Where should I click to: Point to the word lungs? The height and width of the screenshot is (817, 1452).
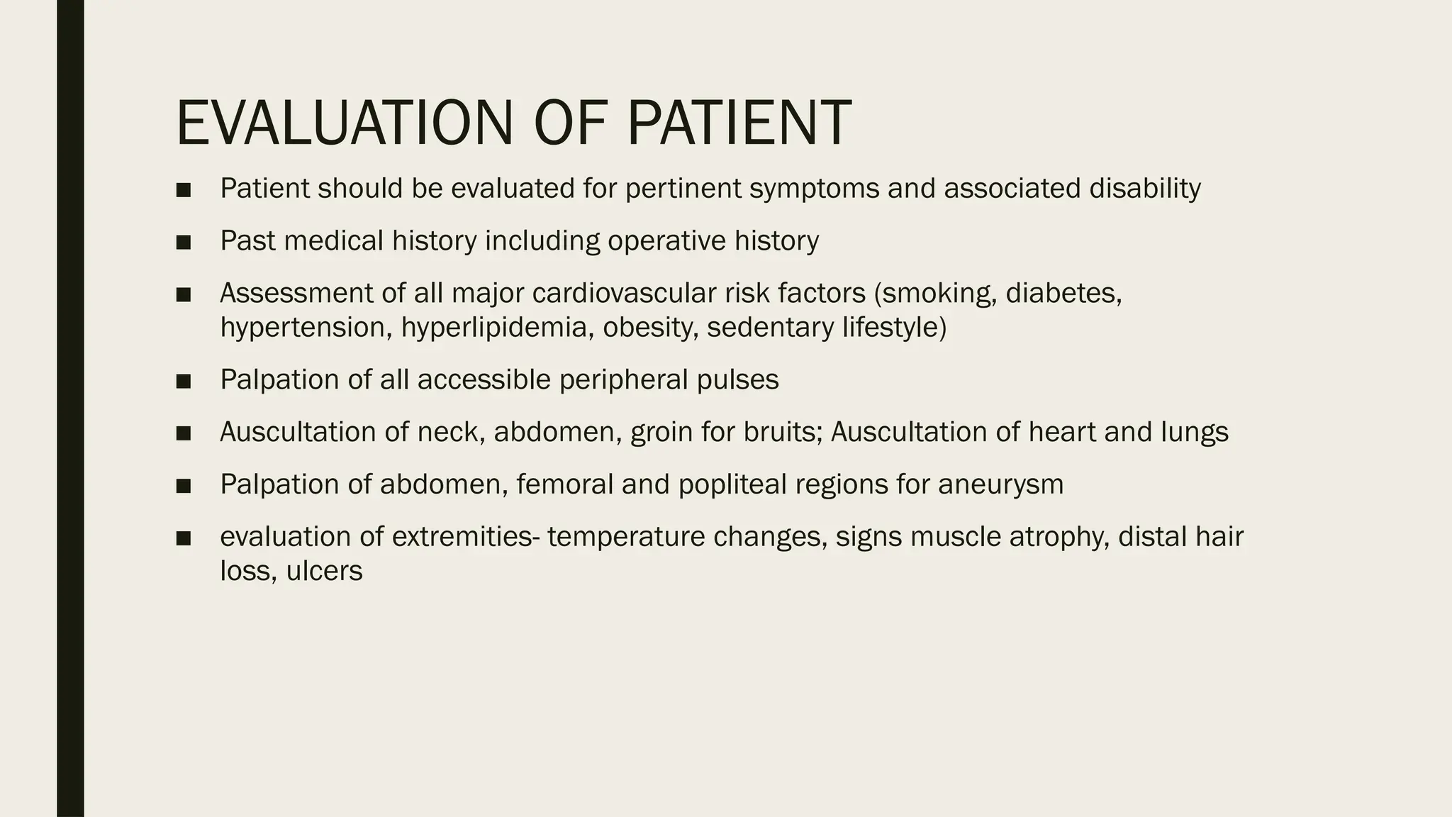[x=1194, y=432]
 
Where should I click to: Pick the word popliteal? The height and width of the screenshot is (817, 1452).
[x=732, y=484]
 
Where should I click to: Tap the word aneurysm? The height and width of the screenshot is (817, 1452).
[x=1000, y=484]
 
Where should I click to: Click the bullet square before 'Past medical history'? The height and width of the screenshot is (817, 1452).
[x=184, y=243]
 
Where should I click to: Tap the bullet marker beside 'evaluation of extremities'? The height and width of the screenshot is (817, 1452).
[x=184, y=538]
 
